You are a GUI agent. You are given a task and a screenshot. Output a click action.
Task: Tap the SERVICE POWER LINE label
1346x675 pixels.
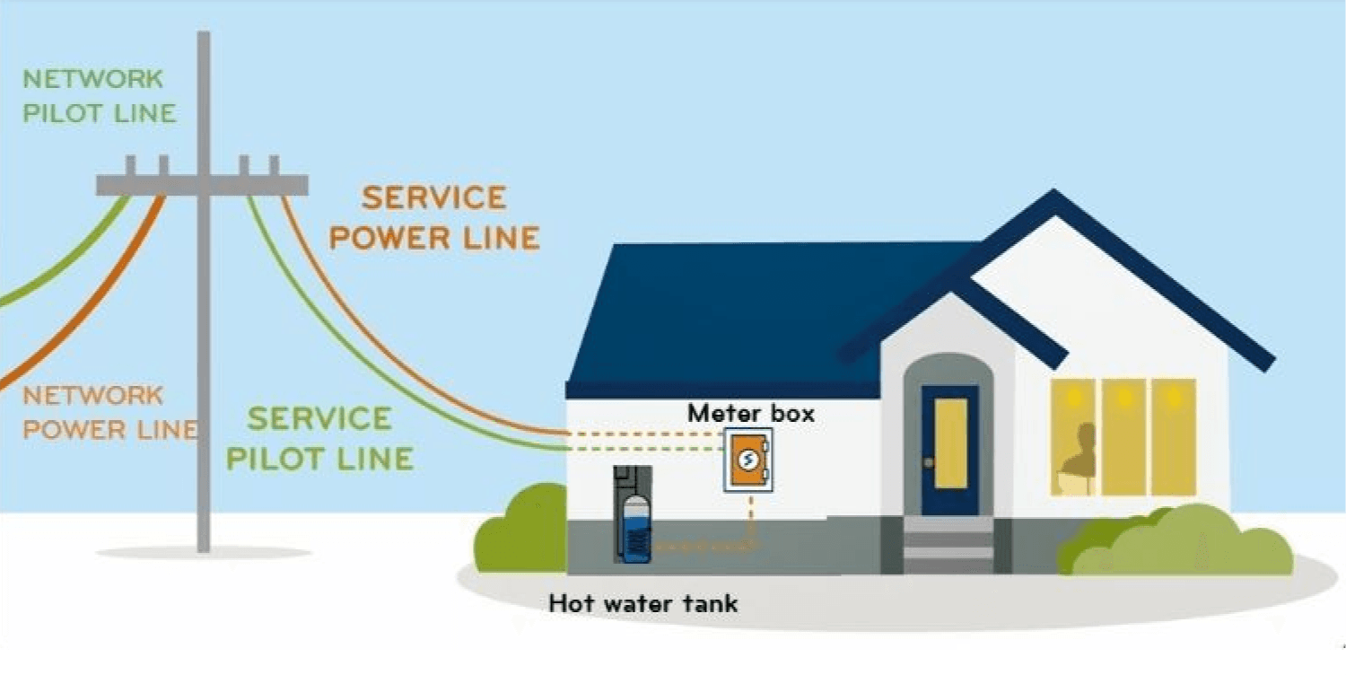click(434, 218)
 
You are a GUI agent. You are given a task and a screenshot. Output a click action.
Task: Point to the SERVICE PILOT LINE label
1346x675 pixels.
click(319, 439)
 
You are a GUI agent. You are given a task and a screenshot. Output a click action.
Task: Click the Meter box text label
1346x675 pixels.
click(751, 414)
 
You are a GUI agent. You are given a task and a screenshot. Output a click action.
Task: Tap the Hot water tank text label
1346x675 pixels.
click(643, 603)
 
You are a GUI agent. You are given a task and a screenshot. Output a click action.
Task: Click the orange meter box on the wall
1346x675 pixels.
click(747, 460)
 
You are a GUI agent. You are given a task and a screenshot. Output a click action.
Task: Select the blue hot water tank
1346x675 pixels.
click(634, 530)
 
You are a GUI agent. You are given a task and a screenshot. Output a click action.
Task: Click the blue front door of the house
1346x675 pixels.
click(949, 449)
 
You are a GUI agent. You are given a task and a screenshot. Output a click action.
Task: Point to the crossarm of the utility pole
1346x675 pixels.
click(202, 185)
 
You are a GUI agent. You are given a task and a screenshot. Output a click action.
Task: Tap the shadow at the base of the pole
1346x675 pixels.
click(204, 553)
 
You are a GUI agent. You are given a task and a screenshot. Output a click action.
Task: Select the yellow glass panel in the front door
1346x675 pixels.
click(950, 430)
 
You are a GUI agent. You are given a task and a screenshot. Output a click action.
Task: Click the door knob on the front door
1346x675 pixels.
click(929, 462)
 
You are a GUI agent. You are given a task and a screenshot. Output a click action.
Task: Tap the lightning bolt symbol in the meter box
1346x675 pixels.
click(747, 460)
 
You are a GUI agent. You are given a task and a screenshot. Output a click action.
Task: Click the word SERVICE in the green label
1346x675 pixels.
click(319, 419)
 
